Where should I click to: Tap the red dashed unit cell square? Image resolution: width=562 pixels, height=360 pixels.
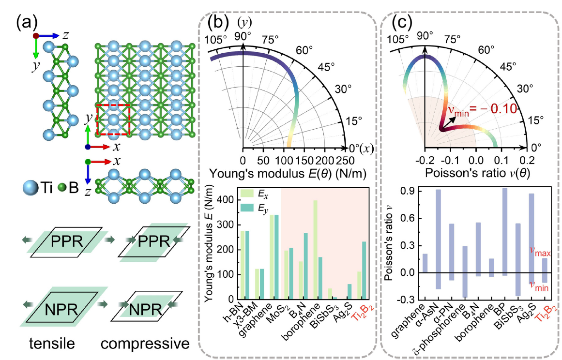(x=113, y=119)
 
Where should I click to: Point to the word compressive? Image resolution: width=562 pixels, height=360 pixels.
(x=145, y=344)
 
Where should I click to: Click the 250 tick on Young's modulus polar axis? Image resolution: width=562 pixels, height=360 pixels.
(x=344, y=160)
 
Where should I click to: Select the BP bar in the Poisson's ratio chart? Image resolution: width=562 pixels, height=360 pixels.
(x=505, y=232)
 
